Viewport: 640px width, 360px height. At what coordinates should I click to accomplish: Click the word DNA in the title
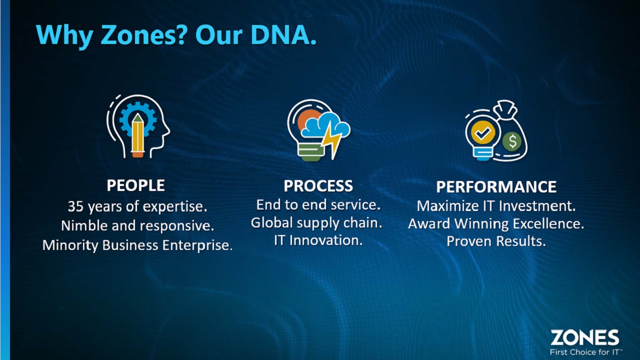pos(283,35)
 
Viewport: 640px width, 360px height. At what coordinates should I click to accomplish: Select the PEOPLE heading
pos(135,185)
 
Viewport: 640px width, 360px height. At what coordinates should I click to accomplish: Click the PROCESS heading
pos(318,185)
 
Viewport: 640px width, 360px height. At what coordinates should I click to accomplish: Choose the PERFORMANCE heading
pos(496,187)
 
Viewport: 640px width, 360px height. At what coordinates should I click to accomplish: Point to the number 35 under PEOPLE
pos(75,206)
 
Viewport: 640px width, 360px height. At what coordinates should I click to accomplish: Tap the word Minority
pos(70,245)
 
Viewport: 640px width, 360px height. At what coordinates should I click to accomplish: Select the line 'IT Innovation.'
pos(318,240)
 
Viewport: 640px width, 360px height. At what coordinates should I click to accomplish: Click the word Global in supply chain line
pos(271,222)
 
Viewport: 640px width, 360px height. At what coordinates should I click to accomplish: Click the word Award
pos(429,223)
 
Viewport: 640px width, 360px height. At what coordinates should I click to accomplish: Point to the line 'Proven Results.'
pos(496,241)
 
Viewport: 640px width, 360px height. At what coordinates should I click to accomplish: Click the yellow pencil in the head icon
pos(137,135)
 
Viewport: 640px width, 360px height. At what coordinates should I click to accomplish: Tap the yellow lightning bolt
pos(331,140)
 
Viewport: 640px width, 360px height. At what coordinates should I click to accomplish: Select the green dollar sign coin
pos(512,141)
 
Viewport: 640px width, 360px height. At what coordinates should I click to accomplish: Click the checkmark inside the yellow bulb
pos(483,132)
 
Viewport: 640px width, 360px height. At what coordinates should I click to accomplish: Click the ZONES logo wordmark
pos(584,337)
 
